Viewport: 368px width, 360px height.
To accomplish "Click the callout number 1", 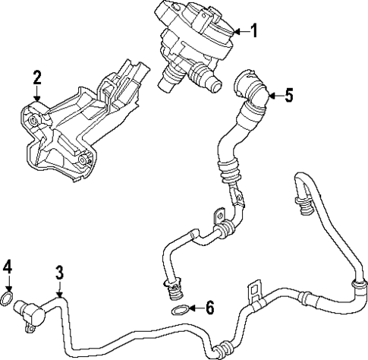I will point(253,31).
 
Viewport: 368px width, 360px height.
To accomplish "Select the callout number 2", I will point(36,77).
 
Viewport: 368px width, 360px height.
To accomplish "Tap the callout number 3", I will point(58,271).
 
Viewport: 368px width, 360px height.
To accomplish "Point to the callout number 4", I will point(7,267).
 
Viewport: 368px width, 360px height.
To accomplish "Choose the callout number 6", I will point(210,308).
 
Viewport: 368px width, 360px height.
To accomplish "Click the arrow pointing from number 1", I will point(237,31).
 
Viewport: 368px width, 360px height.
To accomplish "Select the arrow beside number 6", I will point(194,308).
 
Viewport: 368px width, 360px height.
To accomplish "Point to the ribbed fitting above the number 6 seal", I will point(173,289).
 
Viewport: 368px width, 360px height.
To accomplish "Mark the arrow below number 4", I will point(7,283).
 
